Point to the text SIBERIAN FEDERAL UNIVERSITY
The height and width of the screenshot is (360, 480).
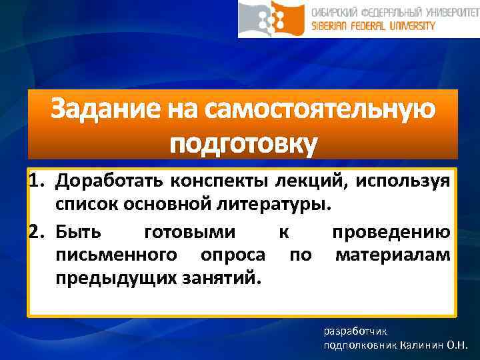pyautogui.click(x=373, y=26)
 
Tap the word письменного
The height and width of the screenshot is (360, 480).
pyautogui.click(x=117, y=255)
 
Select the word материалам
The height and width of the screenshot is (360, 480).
pyautogui.click(x=393, y=255)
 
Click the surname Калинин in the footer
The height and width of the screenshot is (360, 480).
pyautogui.click(x=423, y=345)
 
